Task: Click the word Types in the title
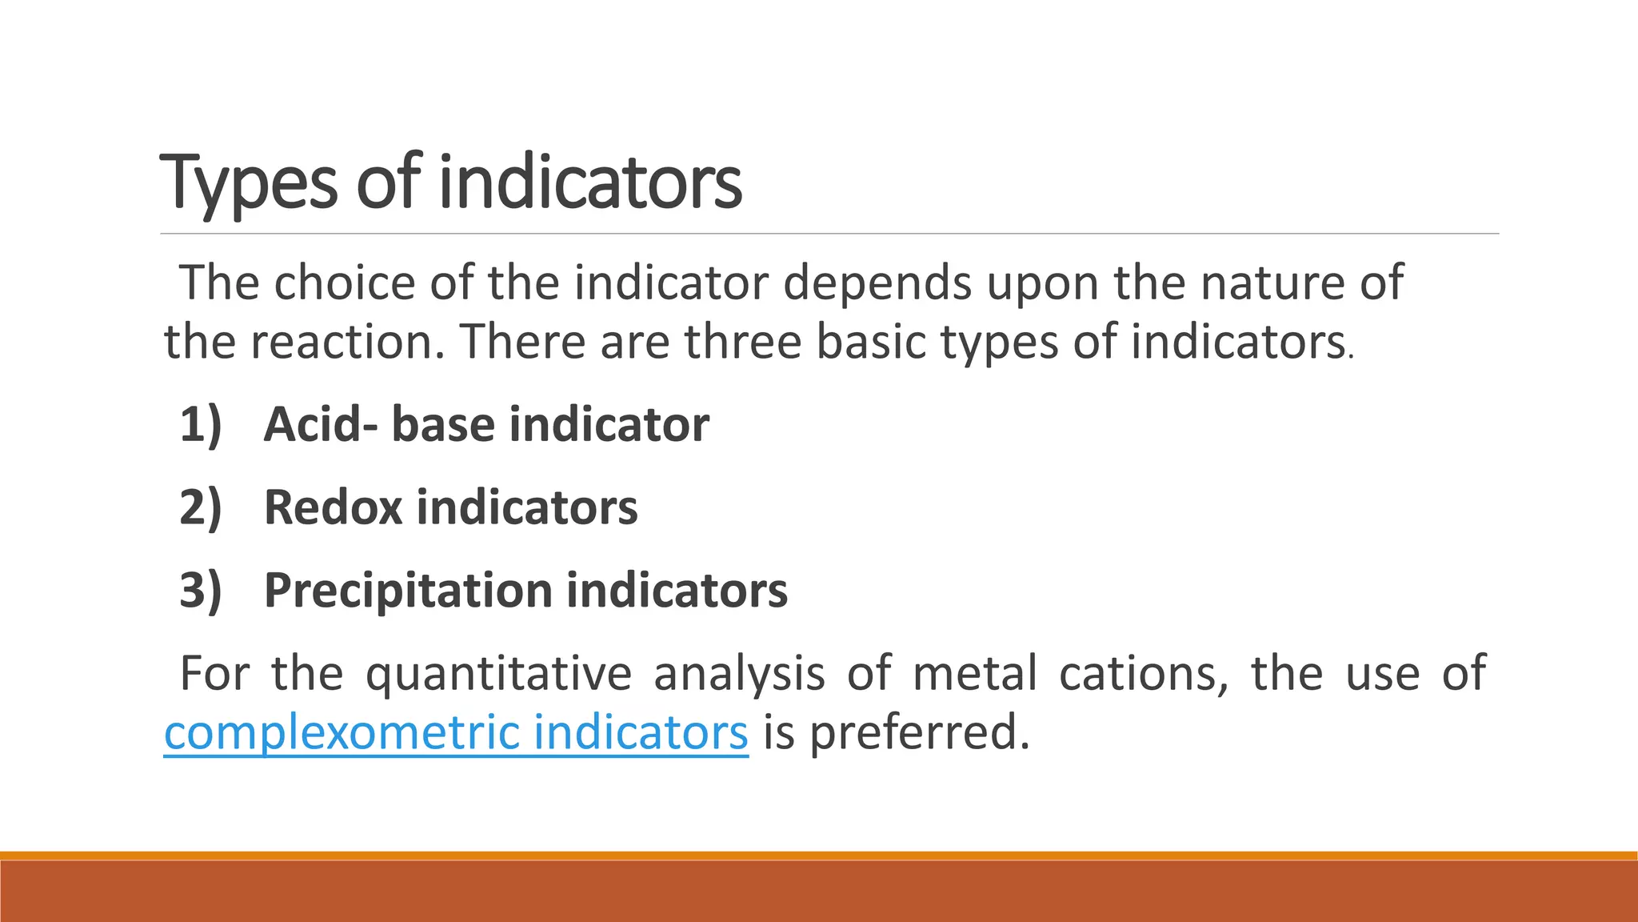click(x=249, y=184)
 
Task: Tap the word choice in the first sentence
click(x=345, y=283)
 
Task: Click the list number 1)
click(x=201, y=424)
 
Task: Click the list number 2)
click(x=201, y=507)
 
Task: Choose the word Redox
click(x=333, y=507)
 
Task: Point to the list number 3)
click(x=201, y=591)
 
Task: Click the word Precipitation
click(x=408, y=591)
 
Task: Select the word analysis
click(x=739, y=674)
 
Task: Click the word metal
click(x=974, y=674)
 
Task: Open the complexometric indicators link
click(x=456, y=733)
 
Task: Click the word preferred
click(x=920, y=733)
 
